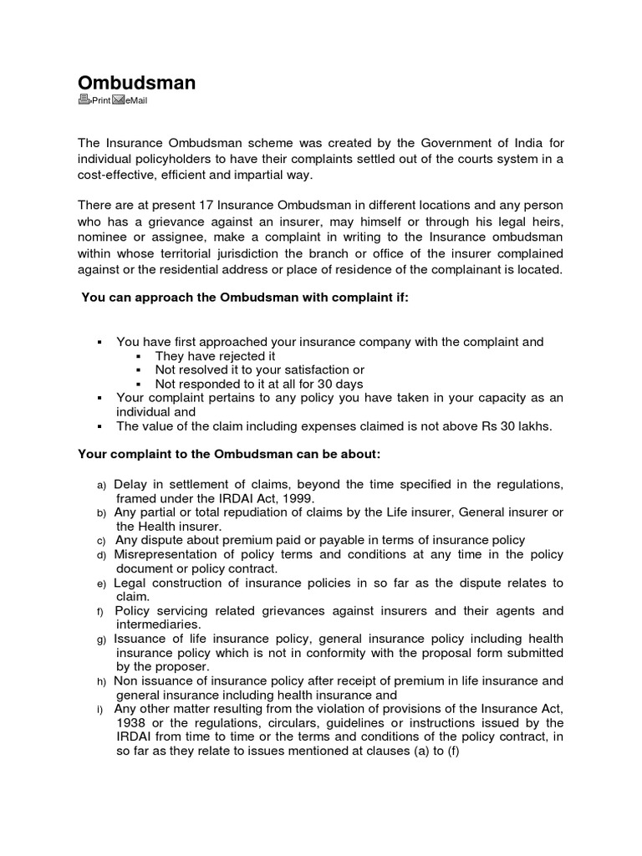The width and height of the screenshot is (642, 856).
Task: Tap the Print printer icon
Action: pos(84,100)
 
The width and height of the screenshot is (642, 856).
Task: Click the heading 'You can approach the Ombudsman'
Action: pos(244,298)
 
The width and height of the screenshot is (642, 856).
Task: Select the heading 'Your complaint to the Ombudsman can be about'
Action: pos(229,454)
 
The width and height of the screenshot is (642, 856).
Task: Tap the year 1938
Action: pos(131,722)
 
